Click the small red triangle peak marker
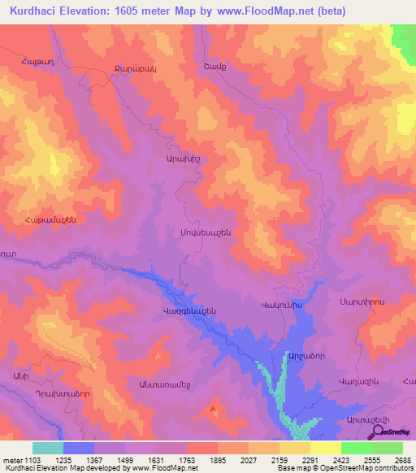tap(214, 409)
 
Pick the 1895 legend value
tap(218, 460)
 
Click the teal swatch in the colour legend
tap(48, 448)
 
